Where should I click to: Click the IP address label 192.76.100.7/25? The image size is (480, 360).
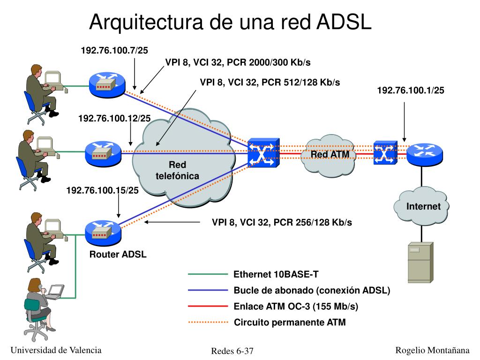(x=114, y=50)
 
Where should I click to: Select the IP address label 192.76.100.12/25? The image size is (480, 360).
(x=114, y=118)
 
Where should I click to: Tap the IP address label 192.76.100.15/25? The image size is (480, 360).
(x=103, y=190)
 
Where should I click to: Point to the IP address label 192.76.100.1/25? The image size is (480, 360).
(x=411, y=90)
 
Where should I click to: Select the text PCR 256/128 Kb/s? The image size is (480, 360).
(x=313, y=222)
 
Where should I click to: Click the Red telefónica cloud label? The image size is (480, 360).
(x=178, y=170)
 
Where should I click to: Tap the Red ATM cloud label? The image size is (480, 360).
(x=330, y=154)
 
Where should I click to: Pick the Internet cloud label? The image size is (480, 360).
(x=423, y=206)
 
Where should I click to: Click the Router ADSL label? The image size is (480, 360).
(x=118, y=254)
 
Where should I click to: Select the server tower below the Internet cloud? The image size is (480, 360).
(x=420, y=262)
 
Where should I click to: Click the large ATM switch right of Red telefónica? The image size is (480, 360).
(x=263, y=153)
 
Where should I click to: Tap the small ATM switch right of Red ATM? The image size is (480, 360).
(x=385, y=153)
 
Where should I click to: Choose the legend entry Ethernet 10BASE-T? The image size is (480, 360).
(x=276, y=274)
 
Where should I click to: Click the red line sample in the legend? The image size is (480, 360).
(x=208, y=306)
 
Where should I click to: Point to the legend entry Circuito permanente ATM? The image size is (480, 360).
(x=290, y=322)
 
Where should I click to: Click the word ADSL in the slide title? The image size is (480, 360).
(x=344, y=22)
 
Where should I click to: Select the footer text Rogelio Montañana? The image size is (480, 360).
(x=432, y=350)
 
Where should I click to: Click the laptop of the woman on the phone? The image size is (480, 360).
(x=56, y=292)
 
